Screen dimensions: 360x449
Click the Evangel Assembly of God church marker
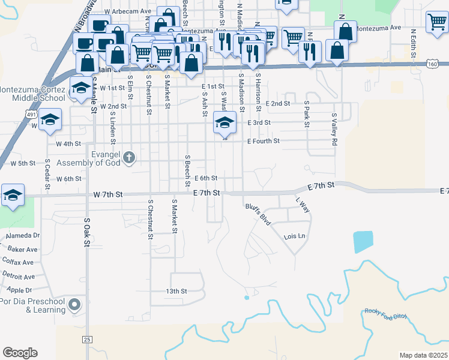click(x=128, y=158)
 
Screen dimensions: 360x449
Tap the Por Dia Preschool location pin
click(x=75, y=305)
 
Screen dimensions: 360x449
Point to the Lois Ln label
click(x=294, y=236)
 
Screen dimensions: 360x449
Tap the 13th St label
click(x=176, y=291)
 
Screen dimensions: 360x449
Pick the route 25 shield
click(x=87, y=340)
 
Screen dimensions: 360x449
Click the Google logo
click(x=20, y=353)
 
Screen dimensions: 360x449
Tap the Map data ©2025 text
click(x=423, y=355)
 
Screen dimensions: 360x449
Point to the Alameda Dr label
click(x=23, y=236)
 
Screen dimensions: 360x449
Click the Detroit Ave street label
click(x=19, y=277)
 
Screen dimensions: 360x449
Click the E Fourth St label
click(x=264, y=142)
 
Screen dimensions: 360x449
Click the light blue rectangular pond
click(x=362, y=242)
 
